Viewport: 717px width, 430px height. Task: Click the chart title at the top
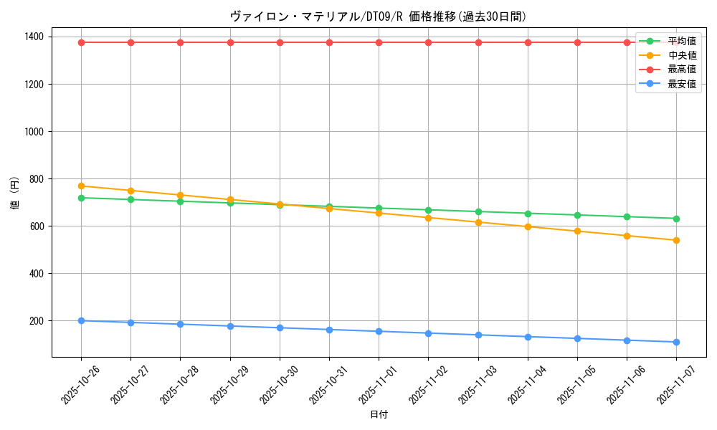(383, 16)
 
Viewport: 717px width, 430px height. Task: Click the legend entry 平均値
(681, 41)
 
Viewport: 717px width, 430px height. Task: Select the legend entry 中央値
(681, 55)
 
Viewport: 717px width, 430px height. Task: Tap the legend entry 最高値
(681, 70)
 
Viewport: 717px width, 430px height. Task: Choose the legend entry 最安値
(681, 84)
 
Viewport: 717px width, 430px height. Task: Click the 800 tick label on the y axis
(35, 179)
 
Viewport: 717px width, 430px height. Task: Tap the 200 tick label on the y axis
(35, 321)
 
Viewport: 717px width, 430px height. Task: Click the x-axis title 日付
(379, 415)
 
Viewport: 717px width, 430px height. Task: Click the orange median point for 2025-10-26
(81, 186)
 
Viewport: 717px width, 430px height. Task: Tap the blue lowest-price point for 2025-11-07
(676, 342)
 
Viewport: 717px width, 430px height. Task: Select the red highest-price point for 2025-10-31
(329, 42)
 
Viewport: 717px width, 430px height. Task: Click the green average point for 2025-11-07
(676, 219)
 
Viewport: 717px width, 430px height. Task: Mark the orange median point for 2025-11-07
(676, 240)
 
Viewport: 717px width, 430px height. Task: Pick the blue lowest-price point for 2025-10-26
(81, 320)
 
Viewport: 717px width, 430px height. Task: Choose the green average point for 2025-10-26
(81, 198)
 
